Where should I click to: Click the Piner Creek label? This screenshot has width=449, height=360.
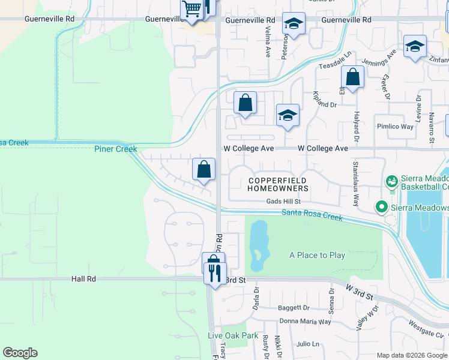click(x=115, y=149)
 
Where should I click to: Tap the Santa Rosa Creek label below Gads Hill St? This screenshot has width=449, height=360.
click(x=312, y=215)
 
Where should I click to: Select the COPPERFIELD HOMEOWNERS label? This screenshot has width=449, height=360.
click(x=277, y=184)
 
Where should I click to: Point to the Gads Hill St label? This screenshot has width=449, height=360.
click(x=283, y=202)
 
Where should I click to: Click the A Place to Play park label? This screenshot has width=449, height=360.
click(x=317, y=255)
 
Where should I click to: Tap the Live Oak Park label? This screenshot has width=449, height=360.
click(x=233, y=335)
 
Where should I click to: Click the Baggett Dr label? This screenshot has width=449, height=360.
click(x=294, y=308)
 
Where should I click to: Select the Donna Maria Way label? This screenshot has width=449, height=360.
click(x=306, y=322)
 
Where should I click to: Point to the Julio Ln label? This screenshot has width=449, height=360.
click(x=308, y=344)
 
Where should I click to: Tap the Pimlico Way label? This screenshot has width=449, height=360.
click(x=395, y=127)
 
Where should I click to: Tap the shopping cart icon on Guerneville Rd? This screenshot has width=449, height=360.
click(x=191, y=10)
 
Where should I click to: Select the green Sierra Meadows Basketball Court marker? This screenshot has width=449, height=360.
click(x=391, y=181)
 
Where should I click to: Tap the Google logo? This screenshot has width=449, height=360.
click(x=20, y=353)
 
